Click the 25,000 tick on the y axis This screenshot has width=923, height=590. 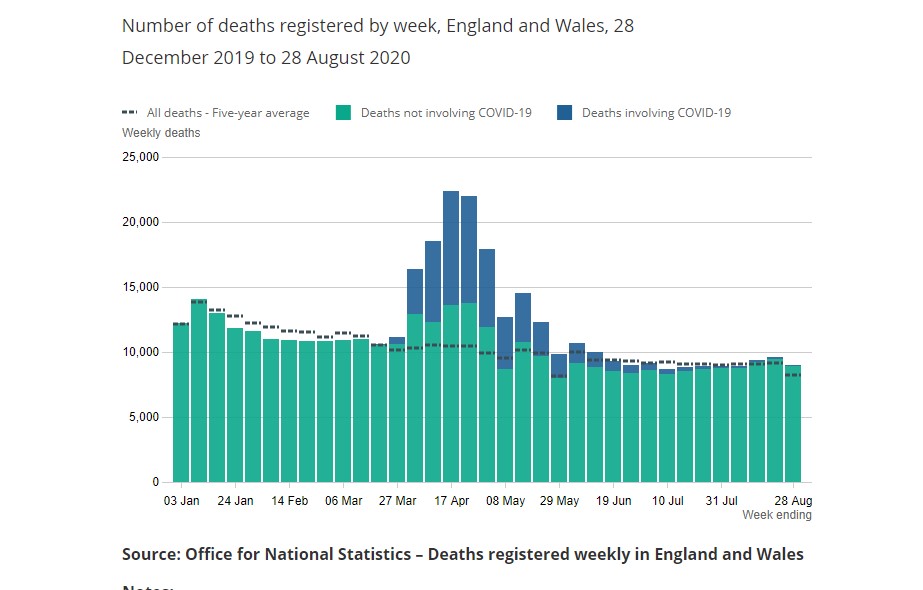(x=141, y=157)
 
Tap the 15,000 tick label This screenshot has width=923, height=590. (x=141, y=287)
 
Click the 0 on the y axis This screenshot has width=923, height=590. (x=155, y=482)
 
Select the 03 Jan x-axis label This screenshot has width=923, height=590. (x=181, y=500)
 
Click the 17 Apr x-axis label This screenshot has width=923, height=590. (x=452, y=500)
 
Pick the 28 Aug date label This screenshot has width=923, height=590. (x=794, y=500)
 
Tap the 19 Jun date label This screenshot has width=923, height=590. (x=614, y=500)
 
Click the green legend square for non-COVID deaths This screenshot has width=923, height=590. (x=343, y=113)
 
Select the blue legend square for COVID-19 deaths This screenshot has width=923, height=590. (x=564, y=113)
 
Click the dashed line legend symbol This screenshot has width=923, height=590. (x=129, y=113)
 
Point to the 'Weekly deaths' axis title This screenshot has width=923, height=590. (x=161, y=133)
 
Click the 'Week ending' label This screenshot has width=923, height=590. (x=777, y=515)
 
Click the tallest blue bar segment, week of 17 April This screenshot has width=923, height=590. (x=451, y=248)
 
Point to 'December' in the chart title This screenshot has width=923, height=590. (x=164, y=58)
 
